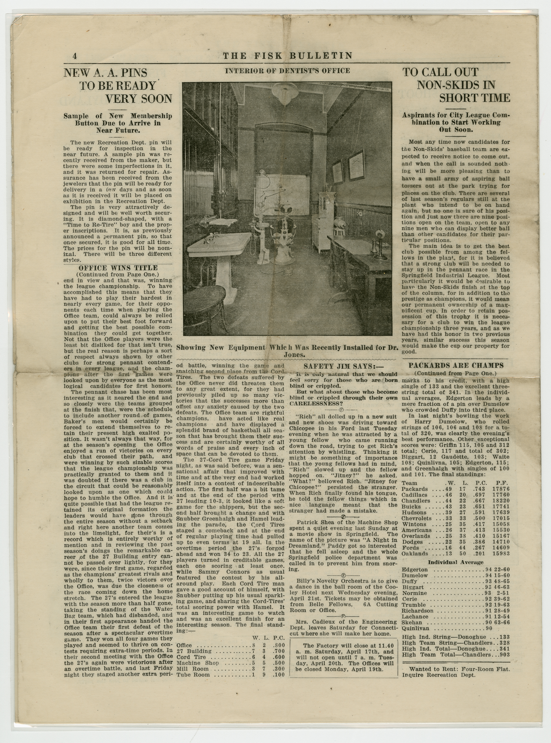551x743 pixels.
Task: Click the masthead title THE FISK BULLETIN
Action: tap(287, 55)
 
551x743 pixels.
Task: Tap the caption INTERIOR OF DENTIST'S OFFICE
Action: tap(287, 71)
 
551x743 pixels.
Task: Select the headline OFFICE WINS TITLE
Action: tap(118, 268)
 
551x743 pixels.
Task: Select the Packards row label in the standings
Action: tap(415, 489)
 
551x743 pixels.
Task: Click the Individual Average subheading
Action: tap(455, 562)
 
